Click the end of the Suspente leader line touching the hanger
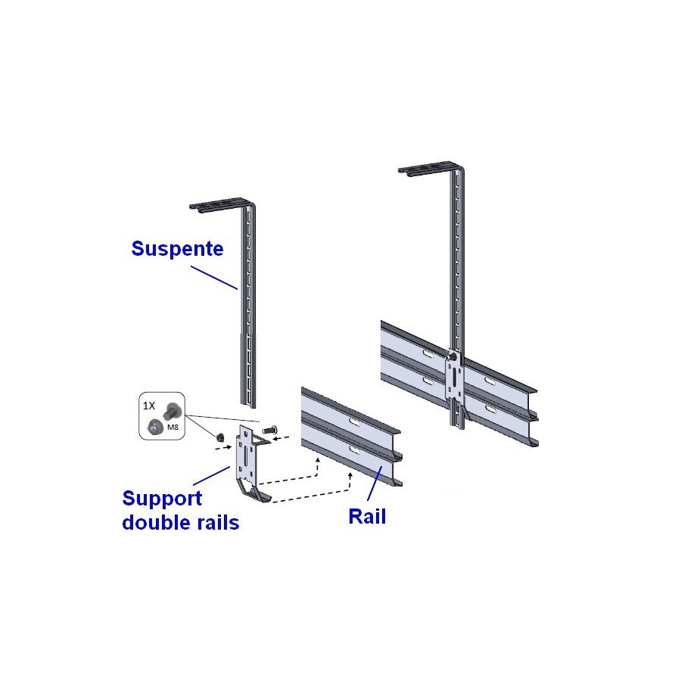point(238,289)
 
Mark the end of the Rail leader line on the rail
point(382,467)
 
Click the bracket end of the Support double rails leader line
point(230,467)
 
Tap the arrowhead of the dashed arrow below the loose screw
point(274,439)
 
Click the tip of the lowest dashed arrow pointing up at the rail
point(350,474)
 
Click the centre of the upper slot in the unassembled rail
point(354,421)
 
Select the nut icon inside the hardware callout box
point(154,427)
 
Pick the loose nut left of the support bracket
point(219,436)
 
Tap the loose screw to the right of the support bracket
point(269,431)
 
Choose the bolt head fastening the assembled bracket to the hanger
point(453,356)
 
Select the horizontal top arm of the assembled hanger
point(430,168)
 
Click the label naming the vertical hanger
point(177,248)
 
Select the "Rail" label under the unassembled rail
point(367,516)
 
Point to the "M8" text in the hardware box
point(173,427)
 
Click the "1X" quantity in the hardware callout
point(149,406)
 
